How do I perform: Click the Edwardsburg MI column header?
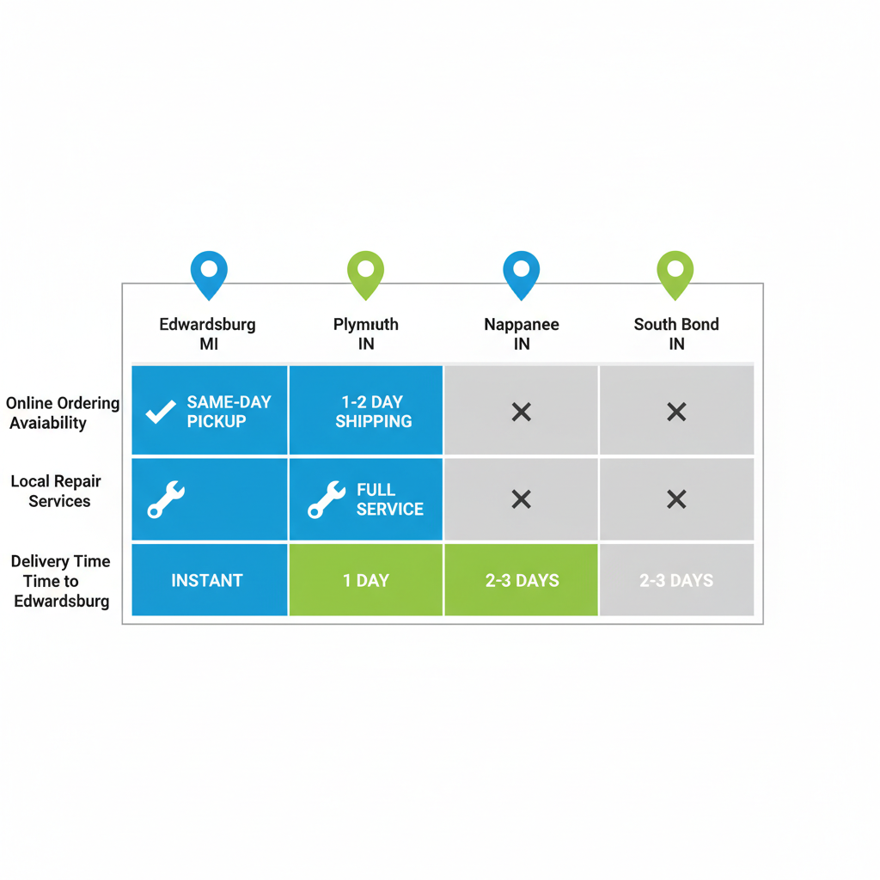[x=207, y=333]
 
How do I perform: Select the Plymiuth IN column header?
[x=366, y=333]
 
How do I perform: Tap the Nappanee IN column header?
[x=521, y=333]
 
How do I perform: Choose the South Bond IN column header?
[x=676, y=333]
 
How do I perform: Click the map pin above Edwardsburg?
[x=209, y=272]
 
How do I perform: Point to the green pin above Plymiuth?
[x=365, y=272]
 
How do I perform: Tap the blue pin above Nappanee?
[x=521, y=272]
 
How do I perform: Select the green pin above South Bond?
[x=675, y=272]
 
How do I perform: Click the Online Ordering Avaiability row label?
[x=62, y=412]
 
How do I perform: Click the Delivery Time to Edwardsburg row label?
[x=61, y=581]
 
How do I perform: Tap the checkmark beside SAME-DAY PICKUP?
[x=160, y=412]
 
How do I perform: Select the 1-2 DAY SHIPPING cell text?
[x=373, y=412]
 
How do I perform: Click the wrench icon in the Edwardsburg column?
[x=166, y=499]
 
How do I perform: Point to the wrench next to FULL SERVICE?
[x=327, y=499]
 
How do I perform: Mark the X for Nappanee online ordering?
[x=521, y=412]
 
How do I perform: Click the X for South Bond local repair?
[x=676, y=499]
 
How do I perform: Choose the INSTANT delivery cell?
[x=207, y=581]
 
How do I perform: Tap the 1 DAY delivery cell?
[x=366, y=581]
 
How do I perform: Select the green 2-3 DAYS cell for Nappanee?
[x=521, y=581]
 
